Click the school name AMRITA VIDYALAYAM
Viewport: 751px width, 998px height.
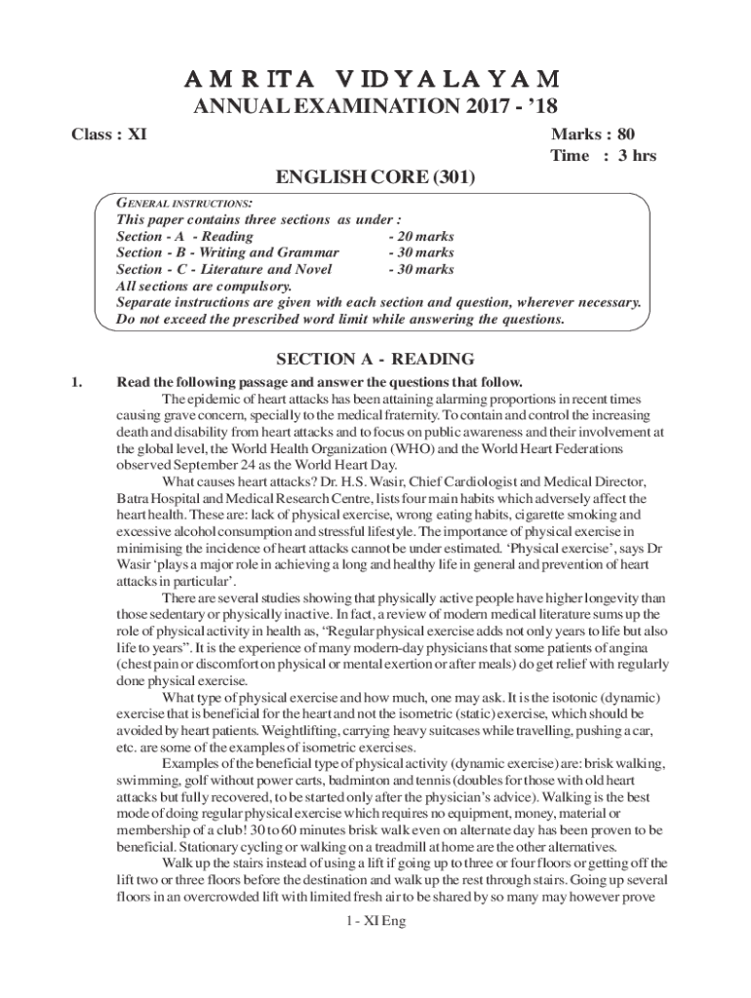tap(375, 78)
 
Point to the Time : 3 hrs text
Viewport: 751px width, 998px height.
tap(603, 156)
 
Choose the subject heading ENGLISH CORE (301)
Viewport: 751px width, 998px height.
tap(375, 178)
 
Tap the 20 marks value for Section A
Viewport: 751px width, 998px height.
tap(420, 237)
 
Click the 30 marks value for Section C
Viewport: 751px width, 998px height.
tap(420, 270)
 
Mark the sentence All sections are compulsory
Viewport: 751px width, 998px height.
tap(203, 287)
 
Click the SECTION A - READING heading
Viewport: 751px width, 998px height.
tap(375, 359)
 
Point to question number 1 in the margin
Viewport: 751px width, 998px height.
tap(77, 382)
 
